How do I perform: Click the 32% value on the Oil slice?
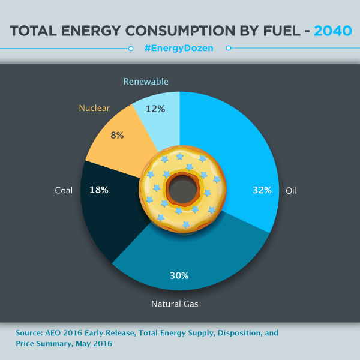(262, 190)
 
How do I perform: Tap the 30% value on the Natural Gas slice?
(179, 276)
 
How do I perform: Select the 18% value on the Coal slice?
(98, 190)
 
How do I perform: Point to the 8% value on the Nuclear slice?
(117, 135)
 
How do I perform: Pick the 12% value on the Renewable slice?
(155, 109)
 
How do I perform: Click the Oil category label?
(291, 190)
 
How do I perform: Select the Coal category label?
(63, 190)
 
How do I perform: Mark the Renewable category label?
(146, 81)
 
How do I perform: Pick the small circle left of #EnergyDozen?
(131, 48)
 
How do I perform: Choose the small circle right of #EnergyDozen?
(228, 48)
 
